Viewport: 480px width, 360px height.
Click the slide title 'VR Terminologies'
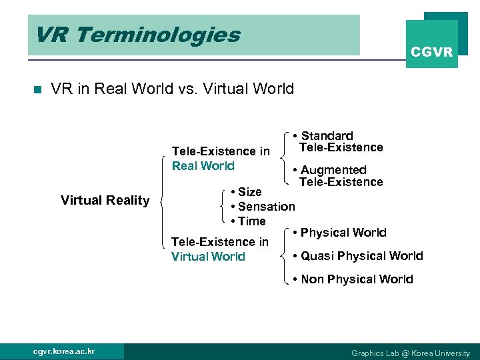137,35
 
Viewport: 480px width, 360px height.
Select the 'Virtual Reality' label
105,200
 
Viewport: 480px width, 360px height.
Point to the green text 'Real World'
203,166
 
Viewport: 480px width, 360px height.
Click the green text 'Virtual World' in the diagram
208,257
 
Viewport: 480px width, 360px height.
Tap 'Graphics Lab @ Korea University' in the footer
410,353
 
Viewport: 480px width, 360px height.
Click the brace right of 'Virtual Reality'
163,203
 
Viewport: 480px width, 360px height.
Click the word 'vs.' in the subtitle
188,89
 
